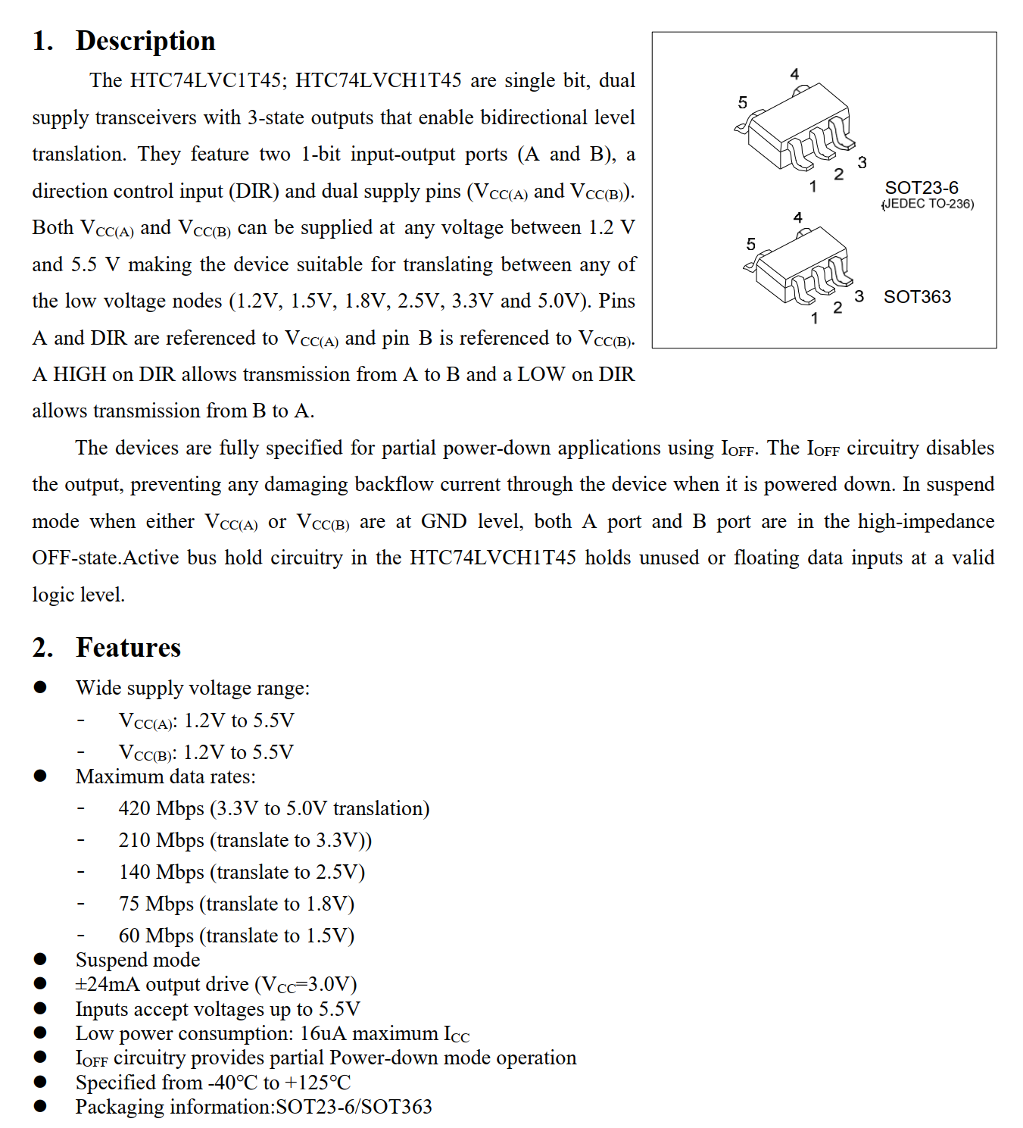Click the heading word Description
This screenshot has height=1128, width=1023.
pos(145,41)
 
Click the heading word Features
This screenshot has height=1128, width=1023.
pos(128,648)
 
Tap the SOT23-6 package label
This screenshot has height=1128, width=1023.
pos(921,188)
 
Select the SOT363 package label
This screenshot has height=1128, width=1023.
pos(916,297)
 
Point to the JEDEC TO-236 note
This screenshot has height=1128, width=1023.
pos(928,204)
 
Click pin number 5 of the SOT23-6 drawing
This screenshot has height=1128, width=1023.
pos(742,102)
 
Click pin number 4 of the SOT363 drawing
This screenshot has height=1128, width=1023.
pos(797,217)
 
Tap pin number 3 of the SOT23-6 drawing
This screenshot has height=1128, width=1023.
pos(862,163)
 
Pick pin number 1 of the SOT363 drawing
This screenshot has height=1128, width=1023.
pos(814,318)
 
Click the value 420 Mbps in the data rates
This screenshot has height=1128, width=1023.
pos(161,808)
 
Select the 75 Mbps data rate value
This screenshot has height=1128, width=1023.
pos(156,904)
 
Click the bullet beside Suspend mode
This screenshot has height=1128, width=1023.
pos(40,960)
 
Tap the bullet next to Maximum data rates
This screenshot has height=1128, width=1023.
pos(40,776)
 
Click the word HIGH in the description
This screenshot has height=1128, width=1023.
pos(80,374)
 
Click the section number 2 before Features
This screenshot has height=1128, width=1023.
pos(42,648)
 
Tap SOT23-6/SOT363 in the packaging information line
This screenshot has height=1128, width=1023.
pos(354,1107)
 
